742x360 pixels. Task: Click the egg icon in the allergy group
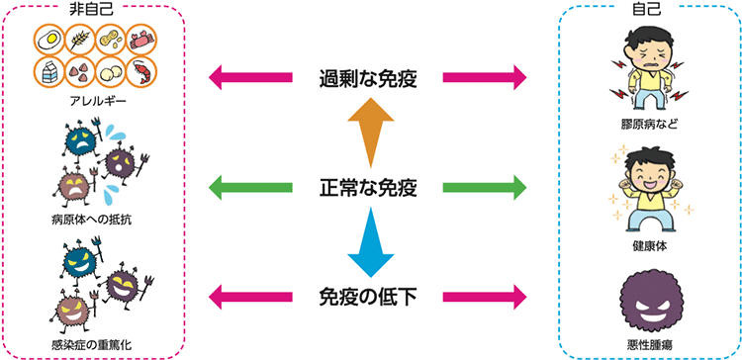(x=48, y=41)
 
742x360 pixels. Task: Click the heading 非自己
(x=96, y=9)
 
